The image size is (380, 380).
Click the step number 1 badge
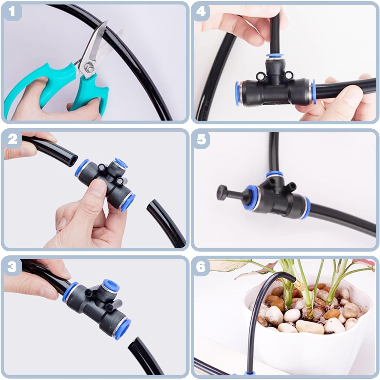(x=12, y=12)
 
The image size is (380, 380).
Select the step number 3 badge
(x=12, y=267)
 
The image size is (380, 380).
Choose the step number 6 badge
(x=201, y=267)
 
